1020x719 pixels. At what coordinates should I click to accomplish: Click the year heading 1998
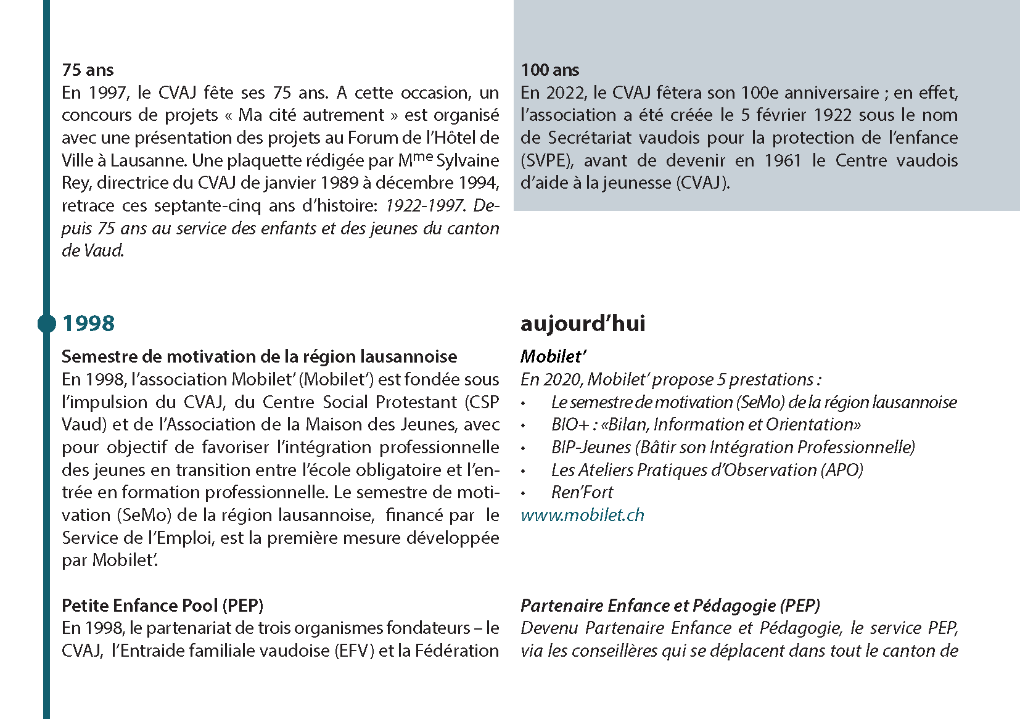(88, 324)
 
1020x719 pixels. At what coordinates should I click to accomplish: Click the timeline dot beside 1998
(46, 323)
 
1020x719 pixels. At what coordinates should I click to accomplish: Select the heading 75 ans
(88, 70)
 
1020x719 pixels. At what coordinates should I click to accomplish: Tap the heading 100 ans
(549, 70)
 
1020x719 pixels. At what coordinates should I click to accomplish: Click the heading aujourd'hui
(583, 324)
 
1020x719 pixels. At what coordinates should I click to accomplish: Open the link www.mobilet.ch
(582, 515)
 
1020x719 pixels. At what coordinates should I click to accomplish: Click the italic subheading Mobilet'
(553, 356)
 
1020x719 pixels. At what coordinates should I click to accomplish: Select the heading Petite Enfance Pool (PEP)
(162, 606)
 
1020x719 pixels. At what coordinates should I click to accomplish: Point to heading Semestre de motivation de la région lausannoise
(259, 356)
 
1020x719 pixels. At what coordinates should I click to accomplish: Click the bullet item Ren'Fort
(582, 492)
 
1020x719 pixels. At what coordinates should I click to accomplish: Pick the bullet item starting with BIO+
(705, 425)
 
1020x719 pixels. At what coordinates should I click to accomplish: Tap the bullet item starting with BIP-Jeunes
(733, 447)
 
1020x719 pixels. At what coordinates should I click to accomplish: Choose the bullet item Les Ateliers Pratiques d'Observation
(707, 470)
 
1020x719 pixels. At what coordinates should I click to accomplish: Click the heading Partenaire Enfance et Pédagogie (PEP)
(670, 606)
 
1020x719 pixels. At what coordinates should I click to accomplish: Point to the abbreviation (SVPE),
(547, 160)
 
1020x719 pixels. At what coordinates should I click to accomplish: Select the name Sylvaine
(467, 160)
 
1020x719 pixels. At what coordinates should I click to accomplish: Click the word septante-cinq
(208, 205)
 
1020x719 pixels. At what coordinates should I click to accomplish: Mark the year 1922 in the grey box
(834, 115)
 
